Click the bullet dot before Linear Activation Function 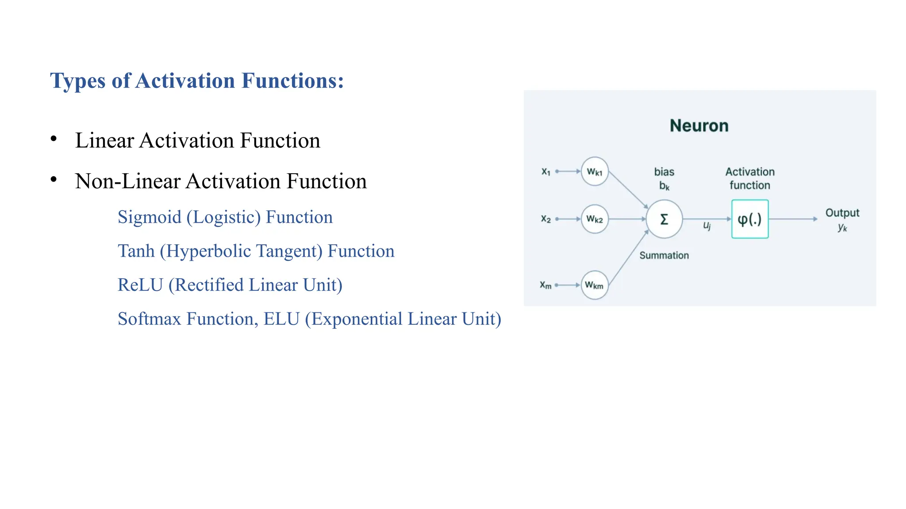click(x=54, y=139)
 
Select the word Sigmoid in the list click(x=150, y=217)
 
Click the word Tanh click(x=136, y=251)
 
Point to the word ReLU click(x=140, y=285)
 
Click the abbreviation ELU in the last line click(x=281, y=319)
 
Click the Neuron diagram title click(x=699, y=126)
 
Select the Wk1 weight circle click(x=595, y=171)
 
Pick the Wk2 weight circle click(x=595, y=219)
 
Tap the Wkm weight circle click(x=594, y=285)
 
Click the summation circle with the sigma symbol click(x=664, y=219)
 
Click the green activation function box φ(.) click(x=750, y=219)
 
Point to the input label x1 click(x=546, y=171)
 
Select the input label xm click(x=545, y=285)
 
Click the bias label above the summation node click(x=664, y=172)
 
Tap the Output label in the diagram click(x=842, y=213)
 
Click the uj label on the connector click(x=707, y=226)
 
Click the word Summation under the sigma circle click(x=664, y=255)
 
